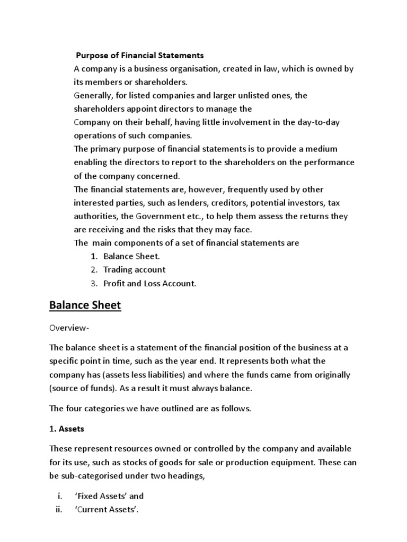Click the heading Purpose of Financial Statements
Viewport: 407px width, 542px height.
pos(140,55)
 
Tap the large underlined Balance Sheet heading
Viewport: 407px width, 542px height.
pos(85,305)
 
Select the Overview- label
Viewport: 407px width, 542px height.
pos(69,329)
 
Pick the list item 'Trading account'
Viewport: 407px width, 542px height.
pos(134,269)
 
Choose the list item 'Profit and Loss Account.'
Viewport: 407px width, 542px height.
pos(149,283)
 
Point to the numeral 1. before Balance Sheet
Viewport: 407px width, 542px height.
pos(94,256)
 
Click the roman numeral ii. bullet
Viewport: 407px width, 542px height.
pos(58,510)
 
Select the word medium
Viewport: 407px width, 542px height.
pos(321,149)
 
